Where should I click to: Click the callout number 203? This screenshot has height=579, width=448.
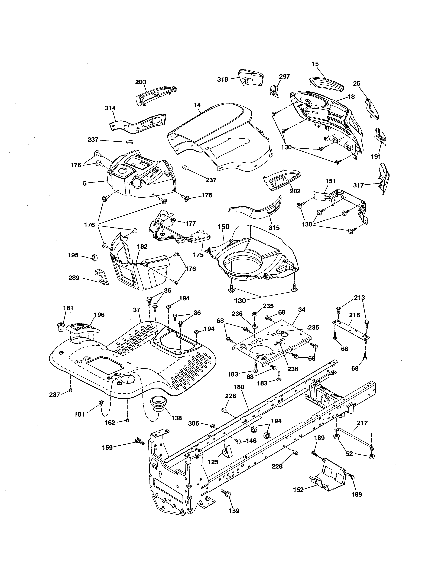pyautogui.click(x=141, y=82)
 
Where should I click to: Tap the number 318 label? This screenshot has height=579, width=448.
pyautogui.click(x=223, y=79)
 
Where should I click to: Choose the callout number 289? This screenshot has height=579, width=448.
pyautogui.click(x=74, y=278)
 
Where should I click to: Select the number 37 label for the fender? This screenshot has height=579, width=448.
pyautogui.click(x=137, y=310)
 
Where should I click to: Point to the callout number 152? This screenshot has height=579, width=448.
pyautogui.click(x=298, y=490)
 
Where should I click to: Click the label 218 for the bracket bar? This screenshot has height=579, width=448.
pyautogui.click(x=354, y=315)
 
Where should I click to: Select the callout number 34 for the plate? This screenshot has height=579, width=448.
pyautogui.click(x=302, y=310)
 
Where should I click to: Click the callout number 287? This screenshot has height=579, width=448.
pyautogui.click(x=55, y=395)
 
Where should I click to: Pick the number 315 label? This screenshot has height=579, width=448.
pyautogui.click(x=274, y=228)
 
